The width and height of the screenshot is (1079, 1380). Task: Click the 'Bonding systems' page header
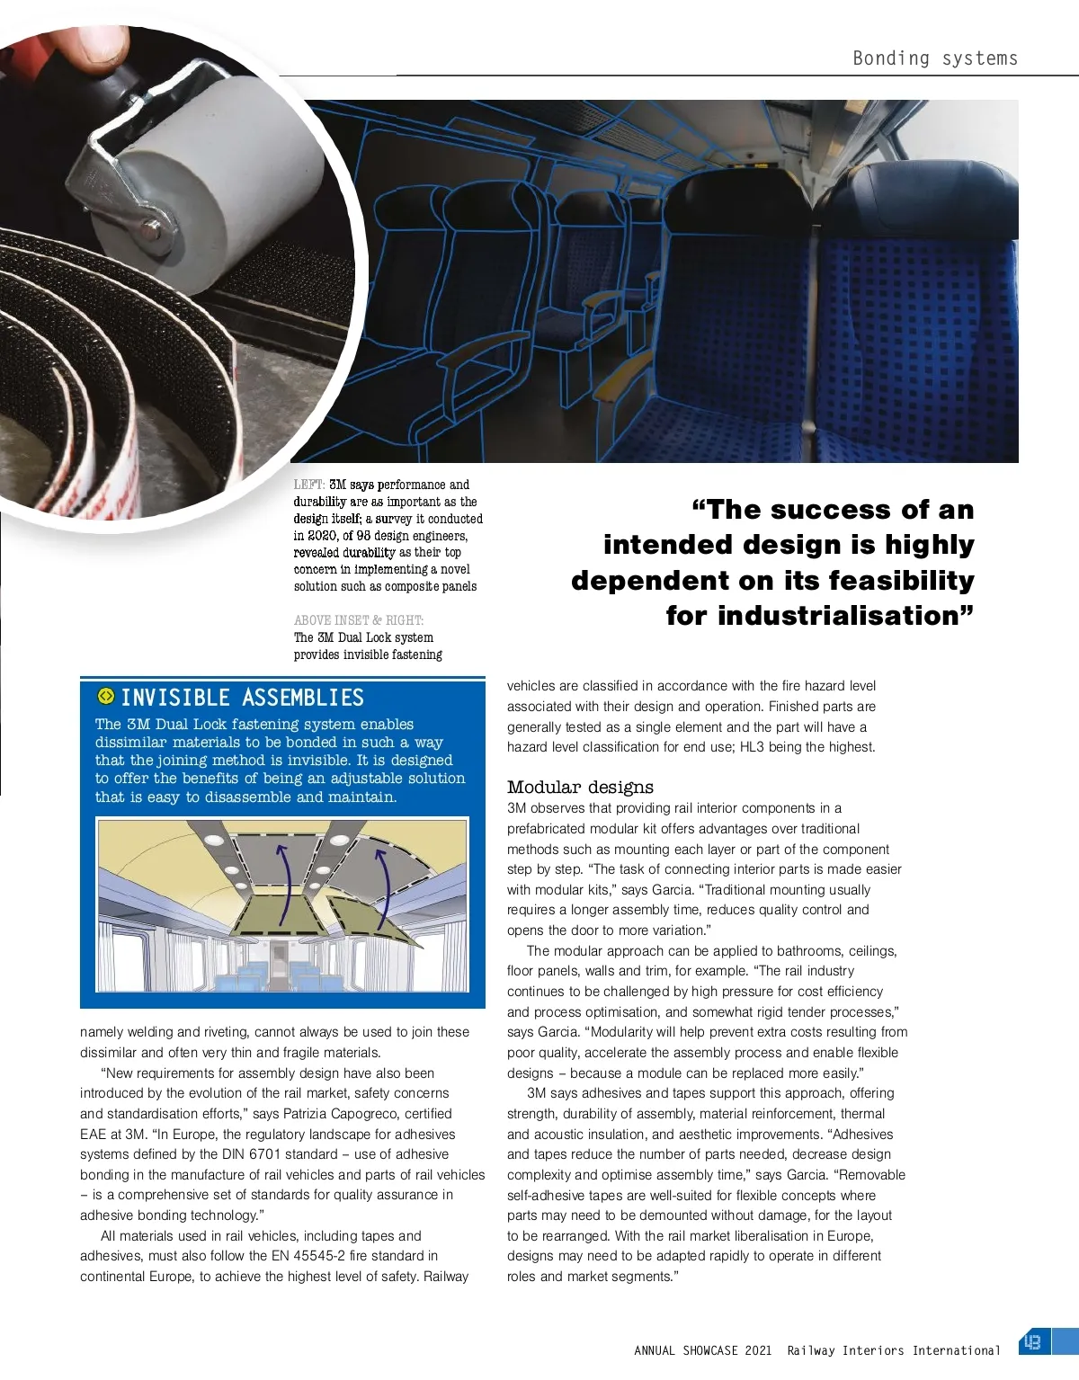click(935, 58)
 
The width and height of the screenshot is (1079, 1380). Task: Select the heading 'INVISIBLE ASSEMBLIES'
click(242, 698)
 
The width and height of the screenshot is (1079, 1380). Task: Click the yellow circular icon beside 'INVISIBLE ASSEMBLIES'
click(106, 696)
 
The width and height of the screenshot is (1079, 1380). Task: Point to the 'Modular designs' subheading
click(580, 788)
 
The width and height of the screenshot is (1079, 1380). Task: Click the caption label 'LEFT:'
click(308, 485)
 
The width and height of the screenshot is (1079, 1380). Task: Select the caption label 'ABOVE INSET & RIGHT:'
click(359, 620)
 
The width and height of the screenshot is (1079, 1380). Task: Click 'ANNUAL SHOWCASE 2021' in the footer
click(702, 1350)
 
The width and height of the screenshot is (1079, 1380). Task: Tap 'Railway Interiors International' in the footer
click(893, 1350)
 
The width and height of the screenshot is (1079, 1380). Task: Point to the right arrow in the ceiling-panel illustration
click(384, 886)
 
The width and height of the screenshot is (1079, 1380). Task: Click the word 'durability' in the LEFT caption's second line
click(319, 502)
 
